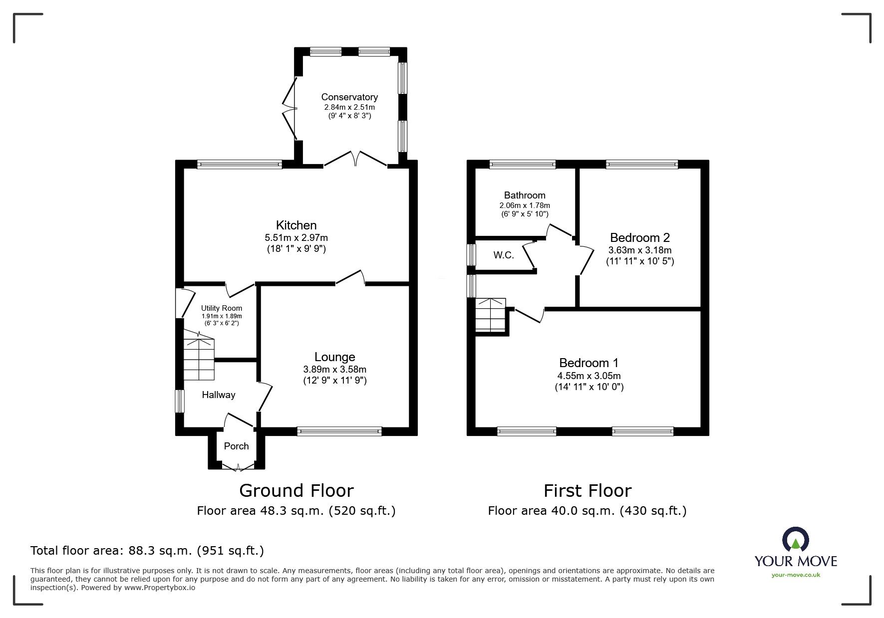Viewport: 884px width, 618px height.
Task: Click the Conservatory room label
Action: coord(349,97)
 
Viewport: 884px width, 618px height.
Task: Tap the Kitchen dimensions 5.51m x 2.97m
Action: coord(296,237)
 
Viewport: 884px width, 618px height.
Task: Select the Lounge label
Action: coord(334,357)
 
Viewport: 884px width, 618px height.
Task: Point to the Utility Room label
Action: coord(221,308)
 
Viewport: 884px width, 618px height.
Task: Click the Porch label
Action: coord(236,446)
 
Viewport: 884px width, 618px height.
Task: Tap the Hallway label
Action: coord(218,395)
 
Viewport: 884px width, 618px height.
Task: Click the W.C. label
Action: coord(504,255)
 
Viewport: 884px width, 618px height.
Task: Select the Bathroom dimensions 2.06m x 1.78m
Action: coord(524,205)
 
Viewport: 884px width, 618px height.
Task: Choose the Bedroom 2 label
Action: coord(639,237)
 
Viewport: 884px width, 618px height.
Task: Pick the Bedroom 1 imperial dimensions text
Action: coord(589,387)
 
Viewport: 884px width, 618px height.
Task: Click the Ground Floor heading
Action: coord(296,491)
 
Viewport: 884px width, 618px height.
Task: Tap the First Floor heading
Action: coord(587,491)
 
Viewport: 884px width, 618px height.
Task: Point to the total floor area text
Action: coord(147,551)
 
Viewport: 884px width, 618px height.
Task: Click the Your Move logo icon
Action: coord(795,540)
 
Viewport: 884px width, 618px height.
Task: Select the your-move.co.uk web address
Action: coord(796,575)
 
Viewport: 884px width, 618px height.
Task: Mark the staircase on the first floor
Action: coord(491,315)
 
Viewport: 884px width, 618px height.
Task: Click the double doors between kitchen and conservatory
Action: coord(355,160)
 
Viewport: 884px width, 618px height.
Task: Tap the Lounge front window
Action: coord(339,431)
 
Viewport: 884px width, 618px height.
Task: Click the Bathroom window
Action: coord(523,164)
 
